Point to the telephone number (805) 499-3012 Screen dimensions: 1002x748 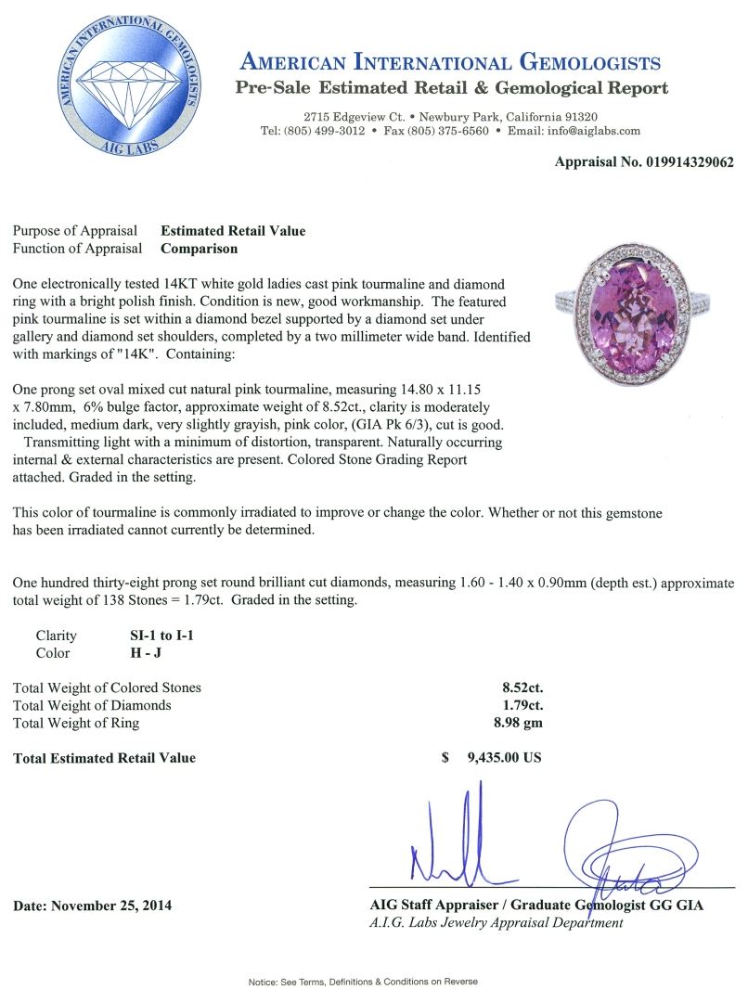tap(321, 131)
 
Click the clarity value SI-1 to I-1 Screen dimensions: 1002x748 tap(162, 636)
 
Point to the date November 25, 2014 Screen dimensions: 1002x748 tap(93, 905)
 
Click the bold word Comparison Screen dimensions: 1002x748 tap(199, 248)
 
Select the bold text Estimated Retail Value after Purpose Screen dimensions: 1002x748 tap(233, 231)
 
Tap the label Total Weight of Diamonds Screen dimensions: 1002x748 tap(92, 705)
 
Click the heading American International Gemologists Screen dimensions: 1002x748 tap(450, 63)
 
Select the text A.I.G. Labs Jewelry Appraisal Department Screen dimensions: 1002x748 tap(496, 922)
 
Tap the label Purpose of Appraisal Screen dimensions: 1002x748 tap(75, 231)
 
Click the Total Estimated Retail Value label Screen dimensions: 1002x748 tap(105, 758)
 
